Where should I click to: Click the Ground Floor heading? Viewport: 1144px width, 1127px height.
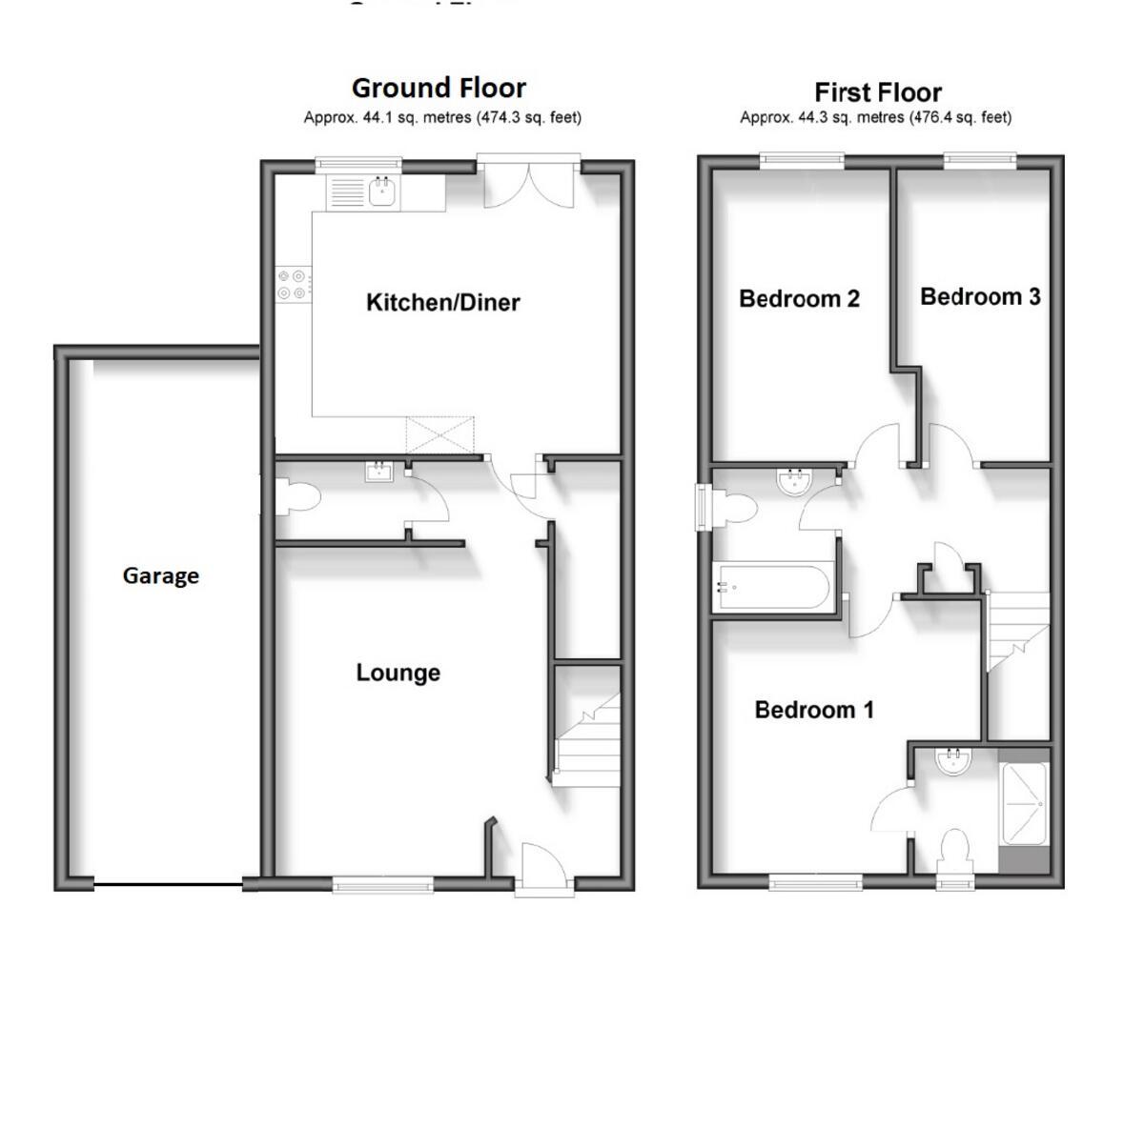(x=439, y=88)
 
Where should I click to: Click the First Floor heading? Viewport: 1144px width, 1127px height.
(x=877, y=92)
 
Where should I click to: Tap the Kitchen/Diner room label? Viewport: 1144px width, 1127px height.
(x=443, y=303)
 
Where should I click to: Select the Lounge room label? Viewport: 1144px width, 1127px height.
(x=398, y=673)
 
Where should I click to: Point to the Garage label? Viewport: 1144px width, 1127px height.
(x=160, y=575)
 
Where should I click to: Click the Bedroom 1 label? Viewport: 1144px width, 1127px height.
(x=813, y=710)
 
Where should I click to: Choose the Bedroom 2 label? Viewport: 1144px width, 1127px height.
(x=799, y=299)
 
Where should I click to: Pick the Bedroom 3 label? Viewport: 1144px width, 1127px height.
(x=980, y=297)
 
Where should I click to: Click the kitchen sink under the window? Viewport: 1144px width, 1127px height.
(x=383, y=193)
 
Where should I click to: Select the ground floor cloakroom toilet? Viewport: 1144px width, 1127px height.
(x=293, y=496)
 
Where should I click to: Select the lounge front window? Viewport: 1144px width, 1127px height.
(x=383, y=885)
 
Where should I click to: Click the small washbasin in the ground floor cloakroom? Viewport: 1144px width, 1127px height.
(x=379, y=470)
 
